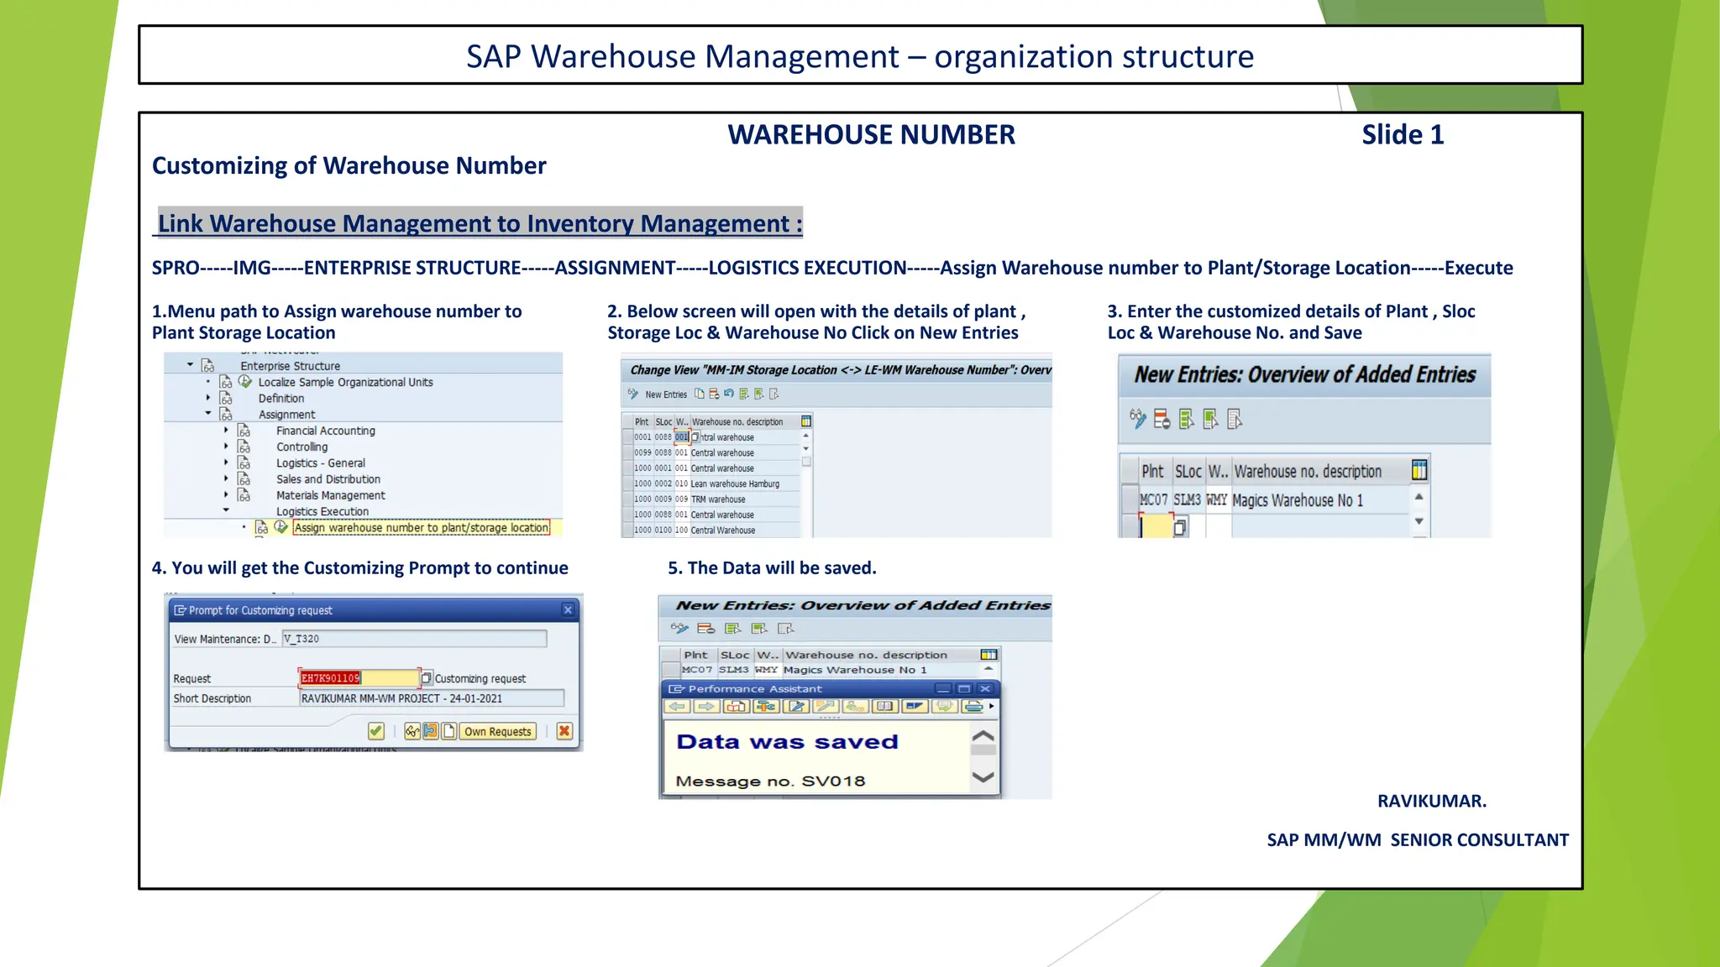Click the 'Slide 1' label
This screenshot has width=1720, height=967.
(1402, 135)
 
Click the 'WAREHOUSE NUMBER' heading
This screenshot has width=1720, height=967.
(871, 135)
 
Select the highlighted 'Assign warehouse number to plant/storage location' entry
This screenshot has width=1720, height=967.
(422, 528)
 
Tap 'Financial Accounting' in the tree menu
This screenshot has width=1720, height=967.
(325, 431)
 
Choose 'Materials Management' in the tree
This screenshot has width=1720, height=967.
(330, 495)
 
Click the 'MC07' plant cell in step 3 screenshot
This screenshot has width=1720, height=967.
(1153, 500)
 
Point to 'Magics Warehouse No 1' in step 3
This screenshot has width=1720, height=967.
(1297, 501)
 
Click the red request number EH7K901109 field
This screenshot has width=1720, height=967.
(331, 678)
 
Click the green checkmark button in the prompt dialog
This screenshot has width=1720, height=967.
(375, 731)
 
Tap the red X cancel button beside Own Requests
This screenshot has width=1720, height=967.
(564, 731)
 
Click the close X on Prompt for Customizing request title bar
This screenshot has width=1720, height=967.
(568, 610)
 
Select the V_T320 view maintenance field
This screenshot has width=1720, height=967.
(414, 639)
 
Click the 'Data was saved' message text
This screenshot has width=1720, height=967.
(787, 742)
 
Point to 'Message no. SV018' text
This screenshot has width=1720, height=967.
(770, 781)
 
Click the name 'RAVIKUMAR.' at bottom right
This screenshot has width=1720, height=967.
(1431, 801)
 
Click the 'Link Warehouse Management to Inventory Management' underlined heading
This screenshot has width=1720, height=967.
(480, 224)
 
